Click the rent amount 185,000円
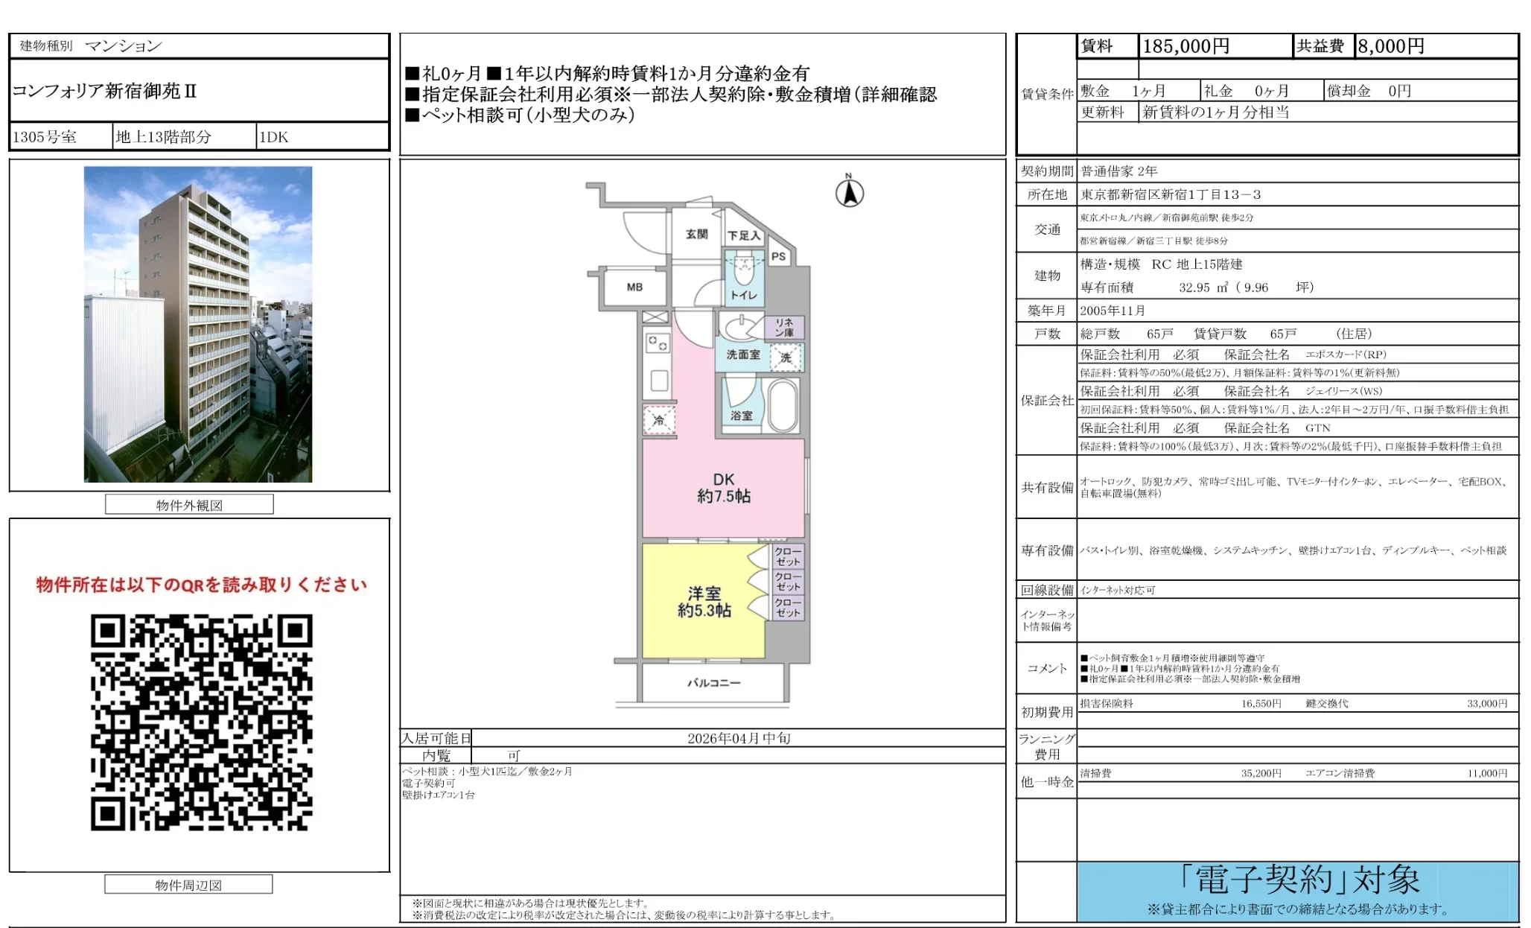point(1185,46)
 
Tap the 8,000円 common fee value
point(1390,46)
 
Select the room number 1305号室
point(45,137)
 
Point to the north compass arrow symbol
point(849,193)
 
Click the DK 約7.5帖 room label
point(723,488)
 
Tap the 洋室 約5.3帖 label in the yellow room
point(704,602)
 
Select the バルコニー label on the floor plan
point(713,682)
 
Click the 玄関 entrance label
point(696,234)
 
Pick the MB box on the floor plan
point(634,287)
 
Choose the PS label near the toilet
point(778,256)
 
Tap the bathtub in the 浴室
point(783,405)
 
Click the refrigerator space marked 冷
point(659,420)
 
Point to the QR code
point(201,722)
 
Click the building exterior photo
point(198,324)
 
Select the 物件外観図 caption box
point(189,505)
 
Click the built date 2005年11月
point(1113,311)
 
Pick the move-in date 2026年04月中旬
point(738,738)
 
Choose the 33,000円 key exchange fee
point(1486,703)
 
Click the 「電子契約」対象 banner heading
point(1299,880)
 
